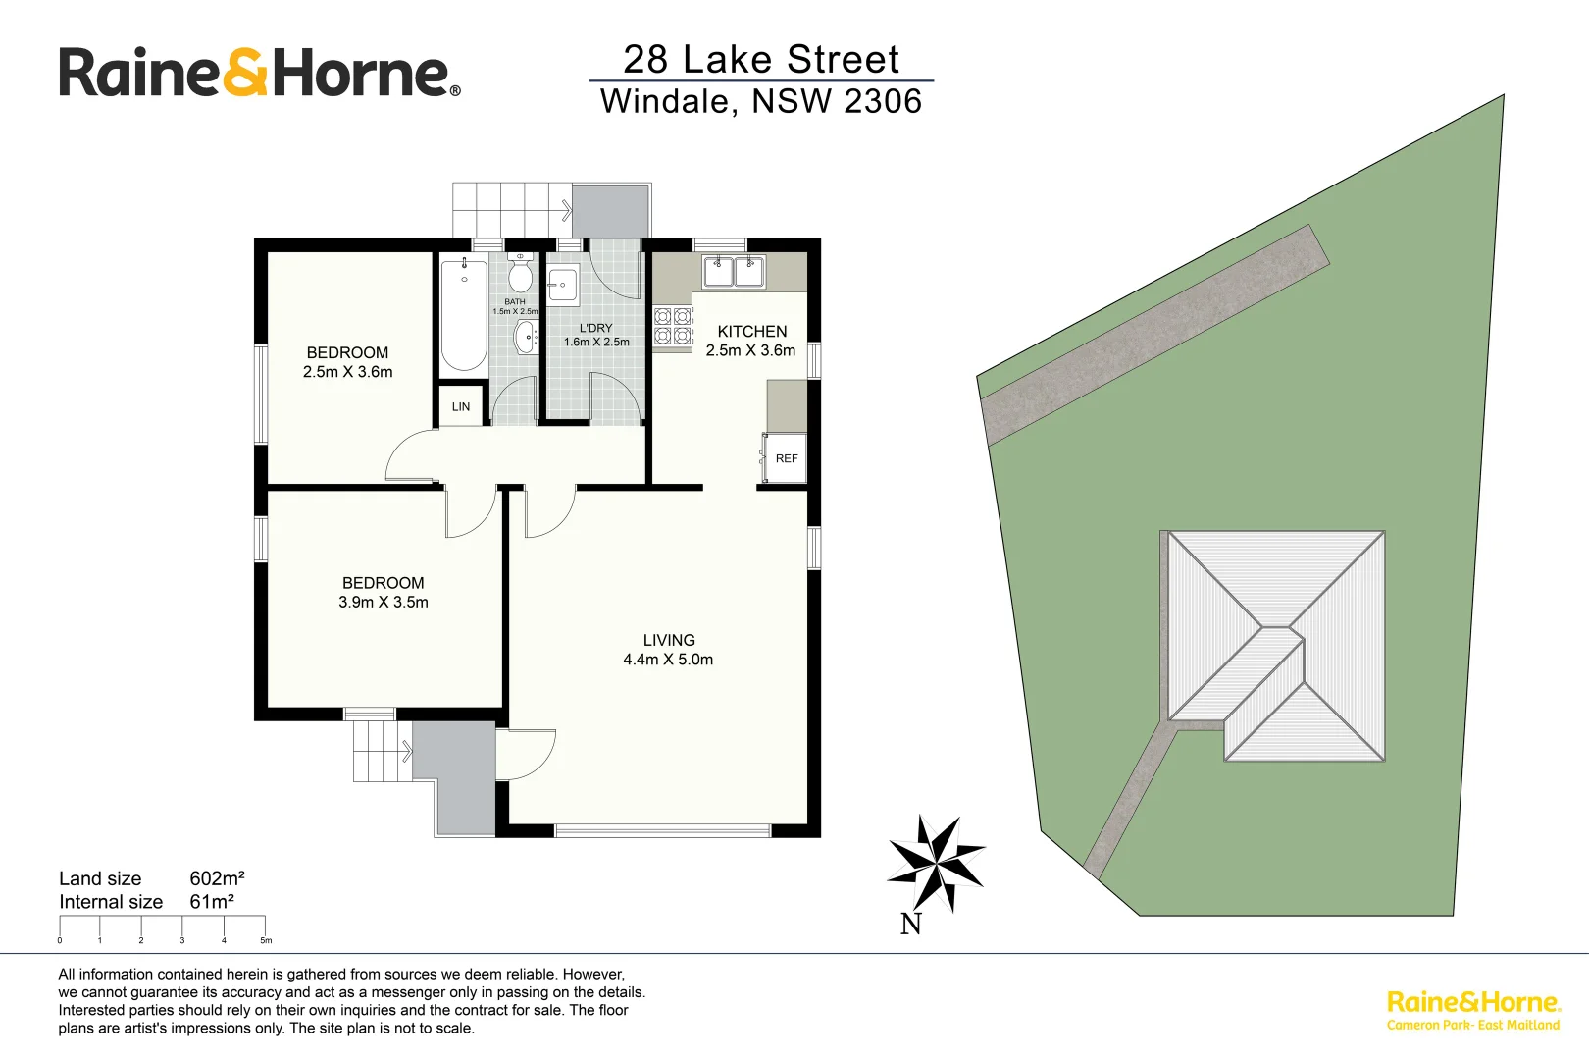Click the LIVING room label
[x=669, y=640]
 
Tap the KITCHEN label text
[x=751, y=332]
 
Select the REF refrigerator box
[x=785, y=458]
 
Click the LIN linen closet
[x=461, y=406]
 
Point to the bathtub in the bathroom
[x=464, y=314]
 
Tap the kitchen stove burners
[x=673, y=326]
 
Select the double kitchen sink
[x=734, y=270]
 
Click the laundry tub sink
[x=563, y=286]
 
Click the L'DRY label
[x=595, y=328]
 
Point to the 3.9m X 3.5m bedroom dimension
[x=384, y=603]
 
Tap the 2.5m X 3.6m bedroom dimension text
[x=347, y=372]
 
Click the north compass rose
[x=936, y=863]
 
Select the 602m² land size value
[x=217, y=878]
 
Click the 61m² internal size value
[x=212, y=902]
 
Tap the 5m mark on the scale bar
[x=265, y=940]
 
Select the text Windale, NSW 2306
[x=761, y=101]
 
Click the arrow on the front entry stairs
[x=407, y=752]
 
